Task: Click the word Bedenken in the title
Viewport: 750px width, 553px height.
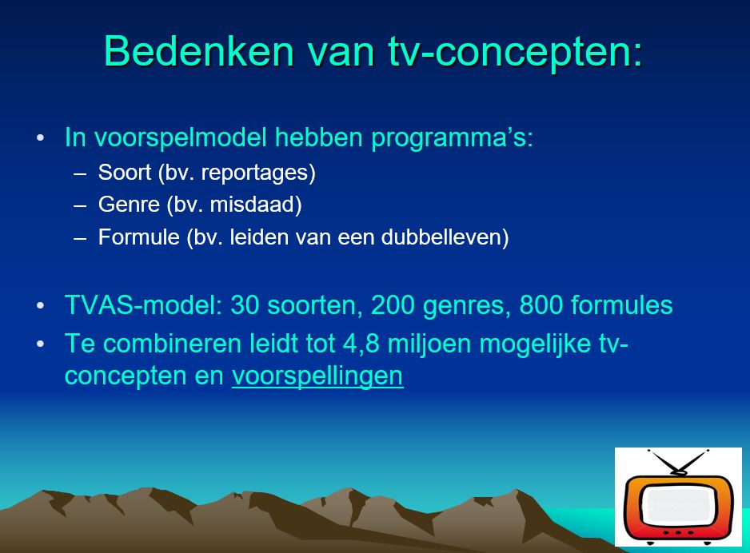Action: coord(199,51)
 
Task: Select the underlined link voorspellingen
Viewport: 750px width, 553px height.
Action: coord(317,376)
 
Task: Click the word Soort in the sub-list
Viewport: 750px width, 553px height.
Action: coord(125,172)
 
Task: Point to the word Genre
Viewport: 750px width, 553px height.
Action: coord(130,205)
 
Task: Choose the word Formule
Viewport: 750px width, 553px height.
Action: coord(138,237)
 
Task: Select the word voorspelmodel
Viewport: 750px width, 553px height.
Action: coord(181,138)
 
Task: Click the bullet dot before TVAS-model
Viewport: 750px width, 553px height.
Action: coord(40,305)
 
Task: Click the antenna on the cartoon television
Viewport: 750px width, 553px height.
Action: coord(677,462)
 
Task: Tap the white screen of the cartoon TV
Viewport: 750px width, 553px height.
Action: coord(678,506)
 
